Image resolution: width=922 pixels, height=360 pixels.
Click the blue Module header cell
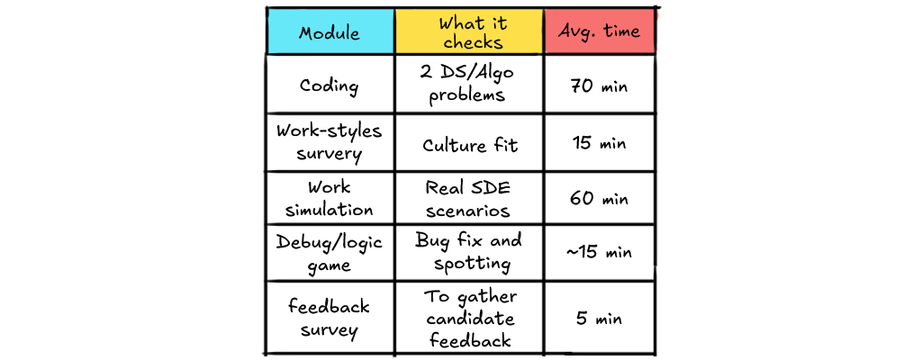click(x=330, y=31)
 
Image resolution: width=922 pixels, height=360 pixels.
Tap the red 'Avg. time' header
click(x=600, y=31)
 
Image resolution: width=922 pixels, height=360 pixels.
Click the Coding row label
click(x=330, y=85)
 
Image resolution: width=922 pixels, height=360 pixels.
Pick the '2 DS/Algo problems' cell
click(x=469, y=85)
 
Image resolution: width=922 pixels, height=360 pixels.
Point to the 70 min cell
click(x=600, y=85)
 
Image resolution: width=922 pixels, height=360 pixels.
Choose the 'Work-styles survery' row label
click(x=330, y=143)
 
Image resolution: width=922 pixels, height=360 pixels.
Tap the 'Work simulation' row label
click(x=330, y=198)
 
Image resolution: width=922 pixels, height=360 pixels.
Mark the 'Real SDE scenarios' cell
click(x=469, y=199)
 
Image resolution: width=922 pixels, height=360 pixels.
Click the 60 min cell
click(x=600, y=199)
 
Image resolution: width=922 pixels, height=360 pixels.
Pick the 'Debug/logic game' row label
click(x=330, y=253)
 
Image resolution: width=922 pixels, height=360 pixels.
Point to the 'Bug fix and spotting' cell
click(x=469, y=252)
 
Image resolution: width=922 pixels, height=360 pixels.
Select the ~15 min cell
click(x=600, y=253)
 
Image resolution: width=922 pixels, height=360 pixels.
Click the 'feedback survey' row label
click(x=330, y=319)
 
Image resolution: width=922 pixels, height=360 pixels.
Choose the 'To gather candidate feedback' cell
click(x=469, y=319)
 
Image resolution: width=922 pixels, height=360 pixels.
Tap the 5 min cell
click(x=600, y=319)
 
